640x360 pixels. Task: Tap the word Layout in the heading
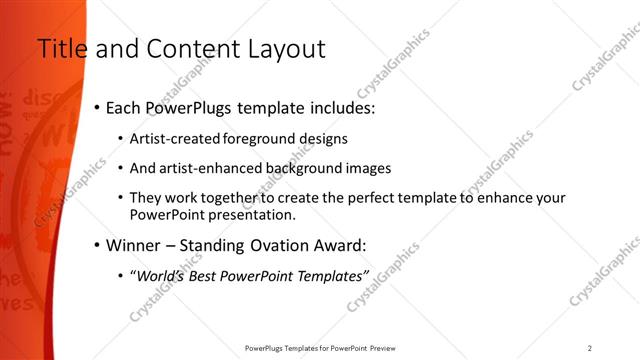tap(282, 49)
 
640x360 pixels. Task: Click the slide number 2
tap(590, 347)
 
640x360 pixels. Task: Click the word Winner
tap(134, 244)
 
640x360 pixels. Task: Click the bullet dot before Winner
tap(96, 244)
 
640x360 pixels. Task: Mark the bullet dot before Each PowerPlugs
tap(96, 106)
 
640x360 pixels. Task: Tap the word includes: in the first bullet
tap(327, 106)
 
